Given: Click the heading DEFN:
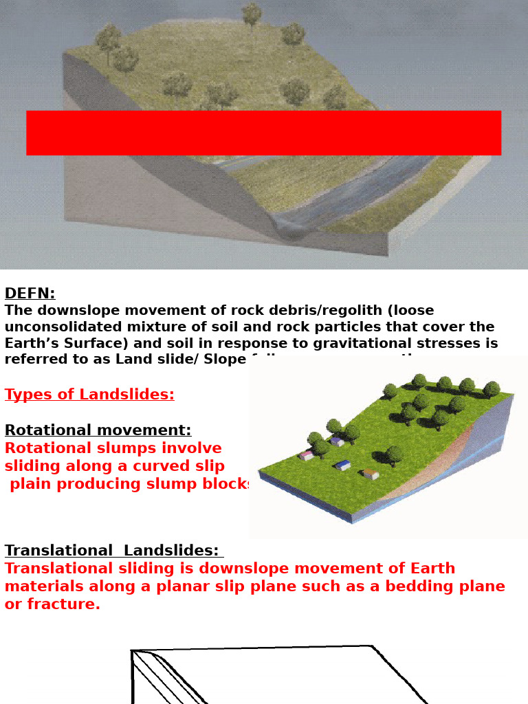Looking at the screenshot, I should (30, 294).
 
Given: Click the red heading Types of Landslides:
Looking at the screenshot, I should (89, 395).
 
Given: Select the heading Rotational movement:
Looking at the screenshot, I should (98, 430).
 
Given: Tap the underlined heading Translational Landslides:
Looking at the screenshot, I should (111, 551).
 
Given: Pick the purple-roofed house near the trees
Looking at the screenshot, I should (336, 441).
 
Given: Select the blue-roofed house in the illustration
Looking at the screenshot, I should (343, 465).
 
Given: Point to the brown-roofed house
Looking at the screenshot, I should (371, 474).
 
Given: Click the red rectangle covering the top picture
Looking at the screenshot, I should (263, 133).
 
